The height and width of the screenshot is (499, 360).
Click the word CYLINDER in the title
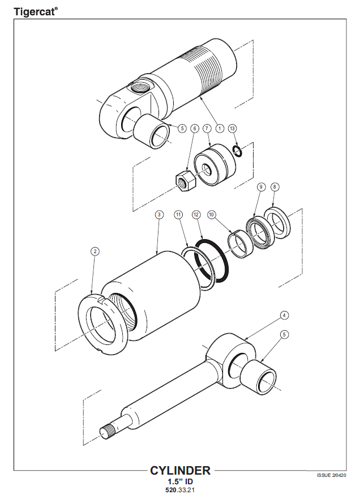(180, 470)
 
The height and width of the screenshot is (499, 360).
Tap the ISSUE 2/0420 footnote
(331, 475)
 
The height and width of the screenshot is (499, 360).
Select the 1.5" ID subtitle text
(179, 481)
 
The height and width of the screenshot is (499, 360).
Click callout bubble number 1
(220, 129)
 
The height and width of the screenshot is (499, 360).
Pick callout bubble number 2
(95, 251)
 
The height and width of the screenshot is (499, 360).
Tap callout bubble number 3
(159, 215)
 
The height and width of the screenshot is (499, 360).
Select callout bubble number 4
(285, 314)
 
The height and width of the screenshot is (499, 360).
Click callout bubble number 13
(232, 129)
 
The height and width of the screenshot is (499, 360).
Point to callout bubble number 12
(196, 215)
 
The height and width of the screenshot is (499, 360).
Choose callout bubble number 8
(275, 186)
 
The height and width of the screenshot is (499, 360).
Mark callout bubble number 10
(211, 215)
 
